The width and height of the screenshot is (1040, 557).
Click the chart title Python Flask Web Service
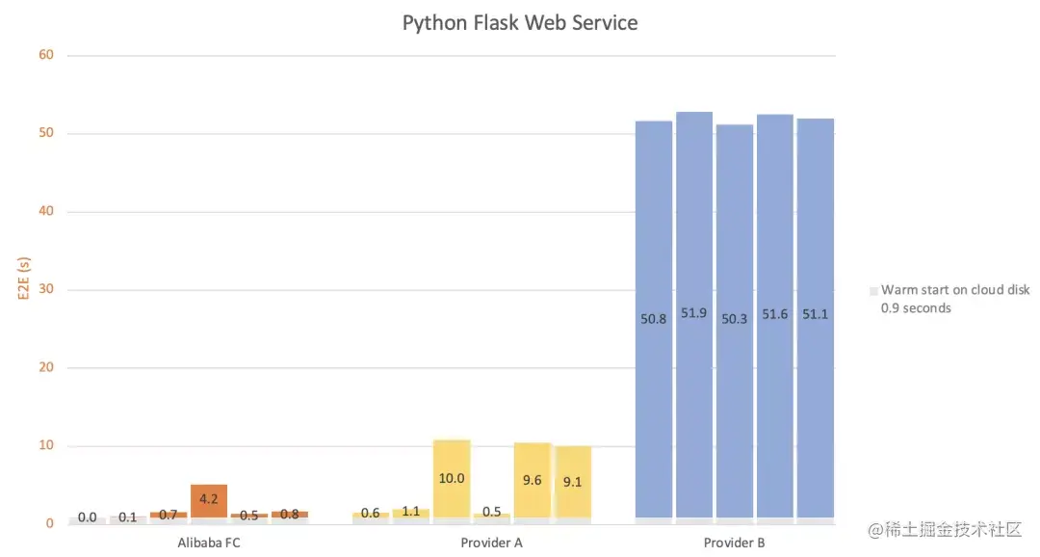519,22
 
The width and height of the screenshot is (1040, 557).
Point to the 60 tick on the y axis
46,55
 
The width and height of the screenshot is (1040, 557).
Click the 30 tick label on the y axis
46,289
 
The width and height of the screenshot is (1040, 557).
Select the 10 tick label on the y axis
46,445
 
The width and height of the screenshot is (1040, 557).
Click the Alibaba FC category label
209,543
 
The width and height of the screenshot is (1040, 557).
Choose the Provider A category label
491,543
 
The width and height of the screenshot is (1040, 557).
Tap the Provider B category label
734,543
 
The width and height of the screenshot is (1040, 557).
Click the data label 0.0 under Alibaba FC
88,517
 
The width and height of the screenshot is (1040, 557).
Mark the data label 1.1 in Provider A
411,512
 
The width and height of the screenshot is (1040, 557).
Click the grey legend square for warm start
873,290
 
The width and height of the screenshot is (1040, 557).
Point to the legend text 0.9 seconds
916,308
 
